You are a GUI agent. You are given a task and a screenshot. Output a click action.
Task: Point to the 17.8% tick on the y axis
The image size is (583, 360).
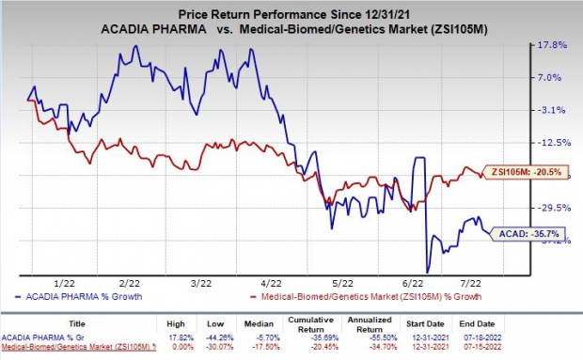coord(552,45)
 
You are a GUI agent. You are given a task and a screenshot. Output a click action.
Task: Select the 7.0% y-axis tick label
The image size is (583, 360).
coord(552,78)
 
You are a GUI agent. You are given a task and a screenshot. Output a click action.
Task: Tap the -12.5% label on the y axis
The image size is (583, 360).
coord(551,143)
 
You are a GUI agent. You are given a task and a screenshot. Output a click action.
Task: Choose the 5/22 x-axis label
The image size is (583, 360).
coord(342,281)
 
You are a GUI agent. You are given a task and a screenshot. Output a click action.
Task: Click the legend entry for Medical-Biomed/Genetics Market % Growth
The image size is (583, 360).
coord(367,296)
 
